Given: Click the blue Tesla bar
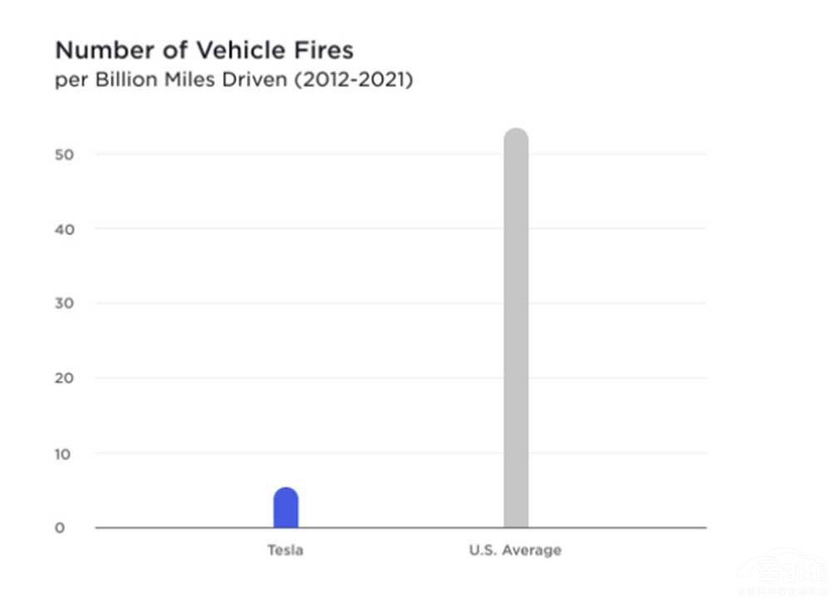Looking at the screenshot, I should click(285, 509).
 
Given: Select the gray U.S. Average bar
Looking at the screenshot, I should click(516, 333).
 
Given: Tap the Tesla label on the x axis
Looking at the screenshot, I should click(285, 550).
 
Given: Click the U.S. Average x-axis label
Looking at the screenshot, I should click(515, 550).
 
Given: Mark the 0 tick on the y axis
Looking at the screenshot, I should click(60, 528).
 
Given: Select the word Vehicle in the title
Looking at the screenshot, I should click(236, 50).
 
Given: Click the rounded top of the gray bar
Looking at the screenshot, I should click(516, 135).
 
